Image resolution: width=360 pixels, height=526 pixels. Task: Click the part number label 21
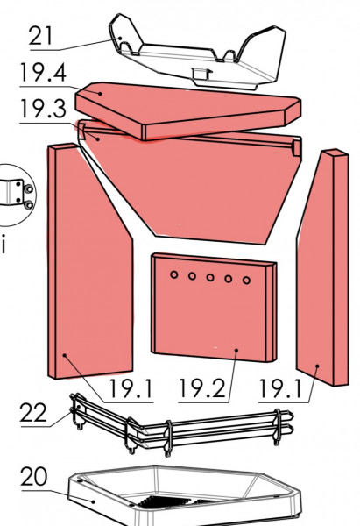40,36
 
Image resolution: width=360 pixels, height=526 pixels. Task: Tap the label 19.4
43,73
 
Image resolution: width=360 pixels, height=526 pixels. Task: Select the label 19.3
43,109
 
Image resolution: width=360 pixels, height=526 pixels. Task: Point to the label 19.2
202,388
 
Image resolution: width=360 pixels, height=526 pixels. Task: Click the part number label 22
33,413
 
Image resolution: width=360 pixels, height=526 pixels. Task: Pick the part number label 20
34,476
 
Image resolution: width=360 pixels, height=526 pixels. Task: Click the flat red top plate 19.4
187,110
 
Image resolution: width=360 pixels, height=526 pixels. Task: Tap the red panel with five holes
214,308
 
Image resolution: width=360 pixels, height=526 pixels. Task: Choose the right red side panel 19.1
322,268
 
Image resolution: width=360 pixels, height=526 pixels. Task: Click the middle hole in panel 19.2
210,277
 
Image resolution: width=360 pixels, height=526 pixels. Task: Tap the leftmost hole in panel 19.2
173,274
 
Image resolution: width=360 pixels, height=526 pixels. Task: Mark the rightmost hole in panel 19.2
246,281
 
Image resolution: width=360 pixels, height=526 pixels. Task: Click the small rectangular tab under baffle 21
201,74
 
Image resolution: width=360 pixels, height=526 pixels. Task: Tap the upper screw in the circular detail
29,188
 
